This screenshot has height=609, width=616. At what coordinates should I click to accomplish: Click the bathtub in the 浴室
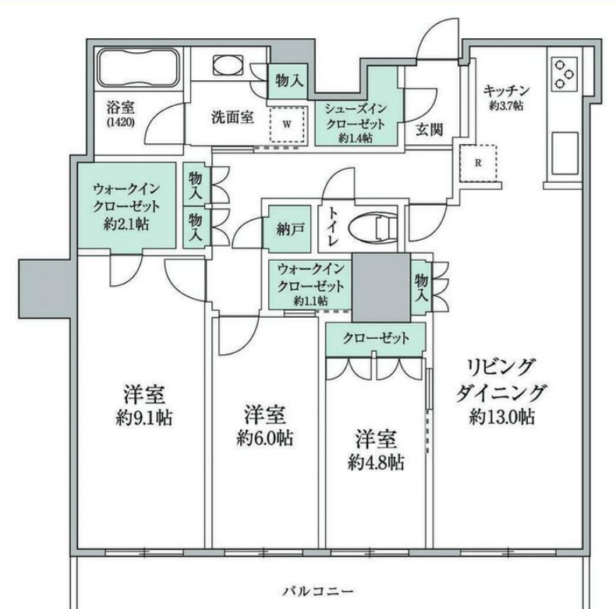[139, 68]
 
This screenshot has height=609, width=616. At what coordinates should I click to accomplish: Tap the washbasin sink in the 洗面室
[228, 65]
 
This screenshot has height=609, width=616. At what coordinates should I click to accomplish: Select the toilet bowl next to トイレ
[373, 228]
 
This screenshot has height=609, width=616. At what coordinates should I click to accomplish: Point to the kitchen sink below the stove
[565, 153]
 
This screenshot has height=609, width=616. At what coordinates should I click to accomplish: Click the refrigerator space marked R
[478, 163]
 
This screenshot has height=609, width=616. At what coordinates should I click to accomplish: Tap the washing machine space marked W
[287, 125]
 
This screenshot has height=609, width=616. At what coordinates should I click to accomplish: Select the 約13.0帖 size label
[501, 417]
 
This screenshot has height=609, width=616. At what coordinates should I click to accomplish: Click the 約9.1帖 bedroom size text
[143, 418]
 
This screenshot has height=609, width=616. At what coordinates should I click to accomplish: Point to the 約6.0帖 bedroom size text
[264, 438]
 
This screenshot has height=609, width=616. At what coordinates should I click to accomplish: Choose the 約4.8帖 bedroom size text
[376, 463]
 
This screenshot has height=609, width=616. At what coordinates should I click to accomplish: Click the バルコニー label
[318, 591]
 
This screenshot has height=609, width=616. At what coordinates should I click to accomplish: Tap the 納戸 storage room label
[290, 230]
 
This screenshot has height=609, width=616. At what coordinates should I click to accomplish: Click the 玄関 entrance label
[430, 129]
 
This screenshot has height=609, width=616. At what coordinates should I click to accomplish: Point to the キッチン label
[506, 91]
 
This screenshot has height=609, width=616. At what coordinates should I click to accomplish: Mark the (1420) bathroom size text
[121, 122]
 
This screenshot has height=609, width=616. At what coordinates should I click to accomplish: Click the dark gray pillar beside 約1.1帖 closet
[381, 287]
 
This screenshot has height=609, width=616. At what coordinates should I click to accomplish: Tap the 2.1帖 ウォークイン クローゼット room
[126, 206]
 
